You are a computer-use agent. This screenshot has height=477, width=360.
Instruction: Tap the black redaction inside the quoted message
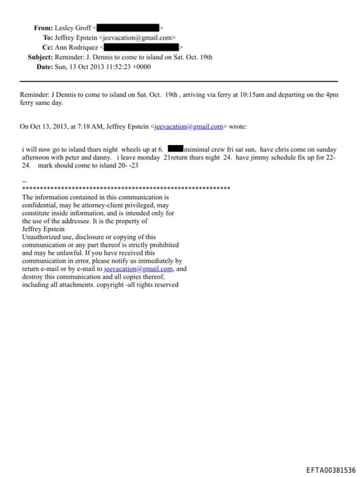[x=175, y=150]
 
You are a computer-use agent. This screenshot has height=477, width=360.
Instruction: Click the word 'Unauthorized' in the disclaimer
[x=44, y=237]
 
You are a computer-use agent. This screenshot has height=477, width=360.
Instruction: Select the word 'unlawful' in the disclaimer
[x=65, y=253]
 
